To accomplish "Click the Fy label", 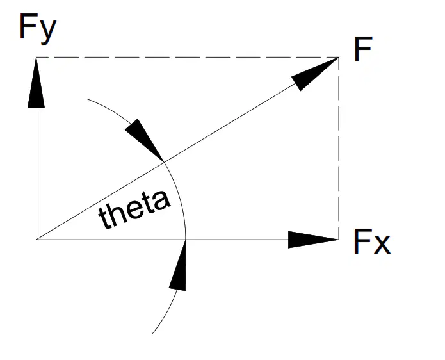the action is pyautogui.click(x=38, y=28).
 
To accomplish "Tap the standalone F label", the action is pyautogui.click(x=363, y=49).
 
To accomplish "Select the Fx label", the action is pyautogui.click(x=372, y=241).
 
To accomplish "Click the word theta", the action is pyautogui.click(x=134, y=209).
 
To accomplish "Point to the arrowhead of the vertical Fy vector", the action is pyautogui.click(x=36, y=83).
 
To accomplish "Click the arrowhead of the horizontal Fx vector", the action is pyautogui.click(x=313, y=240).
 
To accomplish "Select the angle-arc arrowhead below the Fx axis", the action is pyautogui.click(x=177, y=265).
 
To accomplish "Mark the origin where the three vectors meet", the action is pyautogui.click(x=36, y=240).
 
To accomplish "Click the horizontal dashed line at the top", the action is pyautogui.click(x=188, y=58).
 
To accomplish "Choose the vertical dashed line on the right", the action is pyautogui.click(x=339, y=149).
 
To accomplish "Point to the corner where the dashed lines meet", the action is pyautogui.click(x=339, y=58).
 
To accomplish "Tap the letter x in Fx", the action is pyautogui.click(x=382, y=245).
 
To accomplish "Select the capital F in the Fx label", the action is pyautogui.click(x=362, y=241).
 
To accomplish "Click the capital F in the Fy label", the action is pyautogui.click(x=28, y=26).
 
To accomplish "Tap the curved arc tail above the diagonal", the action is pyautogui.click(x=110, y=110).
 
